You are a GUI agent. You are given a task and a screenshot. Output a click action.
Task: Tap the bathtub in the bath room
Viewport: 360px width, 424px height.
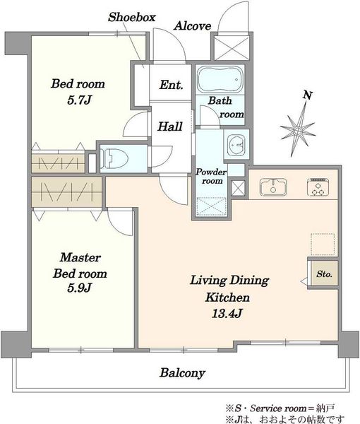point(220,79)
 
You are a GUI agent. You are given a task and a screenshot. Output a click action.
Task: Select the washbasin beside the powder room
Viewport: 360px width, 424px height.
point(236,145)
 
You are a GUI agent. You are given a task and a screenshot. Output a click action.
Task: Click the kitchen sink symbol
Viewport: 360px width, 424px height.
point(273,187)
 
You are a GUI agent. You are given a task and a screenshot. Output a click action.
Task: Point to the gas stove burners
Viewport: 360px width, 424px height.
point(318,187)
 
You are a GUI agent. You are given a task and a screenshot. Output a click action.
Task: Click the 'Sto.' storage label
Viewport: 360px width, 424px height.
point(324,274)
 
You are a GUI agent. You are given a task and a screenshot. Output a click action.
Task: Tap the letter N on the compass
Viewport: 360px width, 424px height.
point(308,95)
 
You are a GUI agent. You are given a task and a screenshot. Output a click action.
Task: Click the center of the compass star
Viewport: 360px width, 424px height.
point(298,131)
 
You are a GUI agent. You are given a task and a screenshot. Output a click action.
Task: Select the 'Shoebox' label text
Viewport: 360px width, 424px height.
point(132,17)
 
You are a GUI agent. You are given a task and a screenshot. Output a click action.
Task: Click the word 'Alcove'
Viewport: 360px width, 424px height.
point(192,26)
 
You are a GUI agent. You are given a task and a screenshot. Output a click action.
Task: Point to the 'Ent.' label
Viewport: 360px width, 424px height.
point(172,85)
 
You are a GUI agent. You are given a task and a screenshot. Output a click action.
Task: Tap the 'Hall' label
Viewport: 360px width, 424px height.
point(170,126)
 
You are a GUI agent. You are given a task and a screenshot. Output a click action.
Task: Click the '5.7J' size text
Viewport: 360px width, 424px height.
point(79,100)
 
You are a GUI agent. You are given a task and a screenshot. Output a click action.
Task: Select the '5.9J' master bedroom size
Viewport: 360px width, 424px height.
point(79,288)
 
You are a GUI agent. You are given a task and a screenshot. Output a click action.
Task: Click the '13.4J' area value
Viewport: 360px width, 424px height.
point(227,313)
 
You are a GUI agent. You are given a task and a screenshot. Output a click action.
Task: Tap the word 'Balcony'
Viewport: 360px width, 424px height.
point(182,373)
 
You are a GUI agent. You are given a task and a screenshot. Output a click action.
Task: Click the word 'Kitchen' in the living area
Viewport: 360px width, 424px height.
point(227,298)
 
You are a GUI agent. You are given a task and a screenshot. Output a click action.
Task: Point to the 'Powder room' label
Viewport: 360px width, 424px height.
point(211,176)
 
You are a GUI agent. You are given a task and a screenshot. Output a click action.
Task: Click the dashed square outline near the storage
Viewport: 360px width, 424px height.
point(323,245)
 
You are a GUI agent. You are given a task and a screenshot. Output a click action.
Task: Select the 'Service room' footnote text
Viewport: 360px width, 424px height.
point(278,408)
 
